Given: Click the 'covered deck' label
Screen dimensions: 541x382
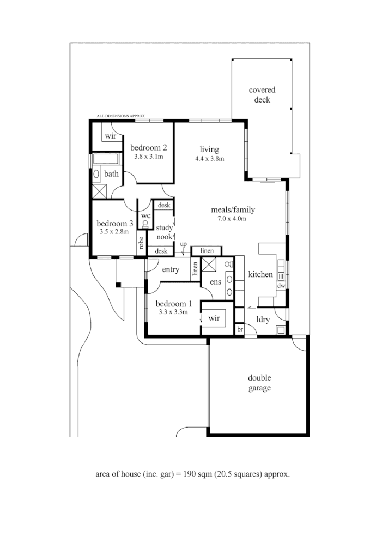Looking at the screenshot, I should coord(262,95).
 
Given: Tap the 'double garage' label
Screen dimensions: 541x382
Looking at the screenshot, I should coord(259,383).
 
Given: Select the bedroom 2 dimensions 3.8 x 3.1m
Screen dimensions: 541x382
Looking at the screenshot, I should coord(149,157).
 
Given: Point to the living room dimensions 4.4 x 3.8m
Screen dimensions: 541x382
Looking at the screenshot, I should coord(209,159).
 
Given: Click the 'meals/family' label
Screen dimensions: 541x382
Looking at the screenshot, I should coord(233,210).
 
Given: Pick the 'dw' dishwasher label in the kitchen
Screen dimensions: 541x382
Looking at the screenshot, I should coord(281,285).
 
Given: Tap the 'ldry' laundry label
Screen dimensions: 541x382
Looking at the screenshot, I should coord(263,320).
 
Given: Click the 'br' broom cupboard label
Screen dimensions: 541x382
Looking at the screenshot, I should coord(239,330).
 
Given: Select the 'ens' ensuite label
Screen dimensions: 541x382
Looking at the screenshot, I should coord(215,282).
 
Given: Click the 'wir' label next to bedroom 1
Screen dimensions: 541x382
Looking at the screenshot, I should coord(214,318).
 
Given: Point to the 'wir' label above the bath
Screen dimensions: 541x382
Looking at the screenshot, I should coord(111,136).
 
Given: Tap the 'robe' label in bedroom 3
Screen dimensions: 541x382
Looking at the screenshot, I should coord(141,243).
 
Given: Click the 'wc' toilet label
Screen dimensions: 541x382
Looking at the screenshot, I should coord(145,216).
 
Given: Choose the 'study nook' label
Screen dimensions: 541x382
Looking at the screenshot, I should coord(164,232).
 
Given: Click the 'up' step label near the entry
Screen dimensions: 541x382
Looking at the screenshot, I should coord(183,244).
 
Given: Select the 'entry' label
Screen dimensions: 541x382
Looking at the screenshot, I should coord(171,269).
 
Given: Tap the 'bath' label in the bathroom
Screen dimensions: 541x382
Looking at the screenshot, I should coord(111,174).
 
